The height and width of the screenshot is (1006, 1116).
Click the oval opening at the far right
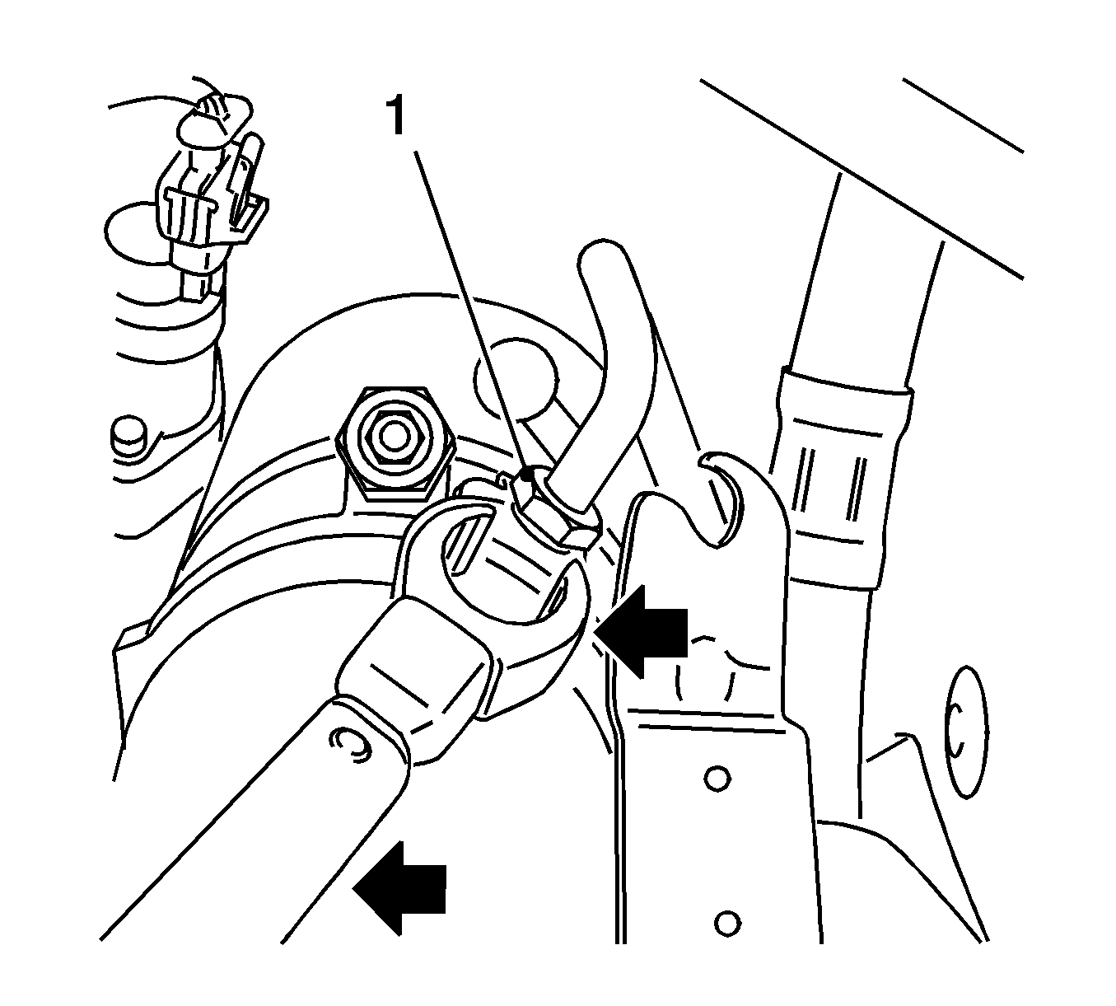(x=969, y=734)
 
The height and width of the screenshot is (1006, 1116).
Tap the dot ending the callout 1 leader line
(x=525, y=473)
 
